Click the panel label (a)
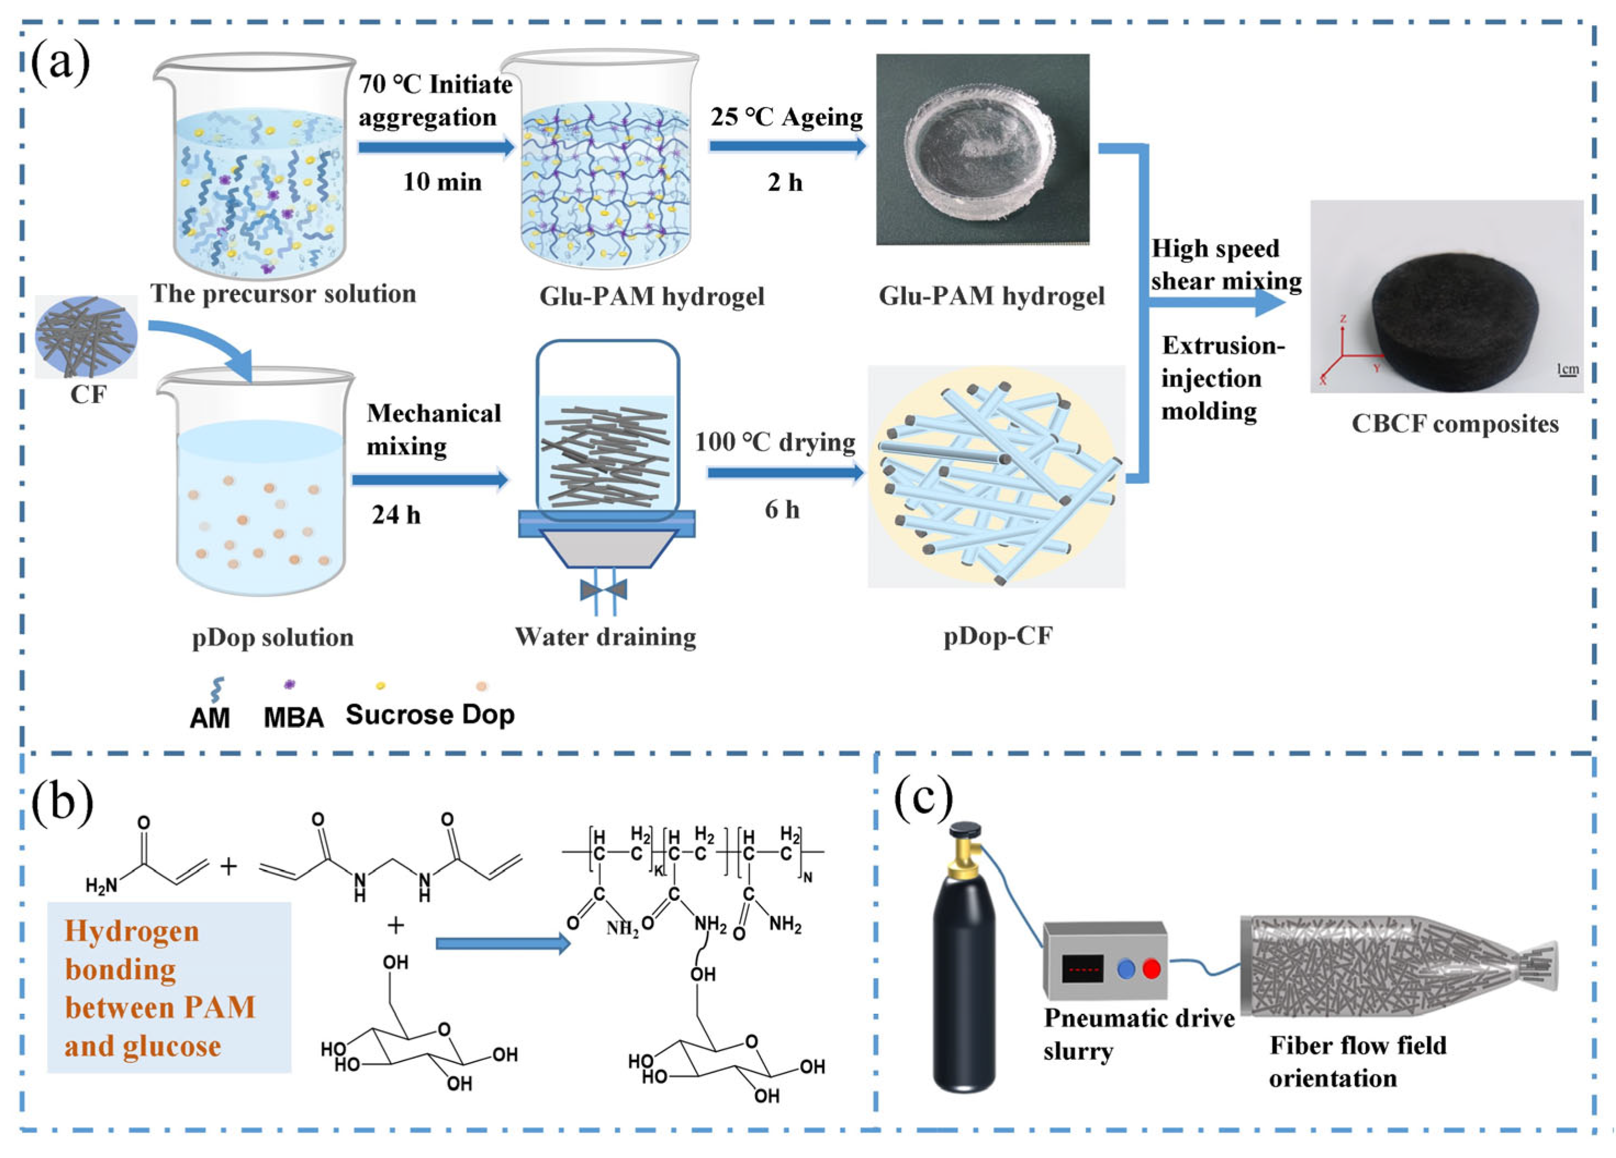(x=60, y=64)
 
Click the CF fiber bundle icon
(x=86, y=336)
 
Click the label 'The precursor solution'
(x=283, y=293)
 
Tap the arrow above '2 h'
(x=787, y=146)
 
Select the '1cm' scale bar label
(x=1568, y=369)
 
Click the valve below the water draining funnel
(x=603, y=589)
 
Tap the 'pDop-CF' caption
(x=998, y=636)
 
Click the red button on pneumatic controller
(x=1151, y=968)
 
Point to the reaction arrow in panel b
(x=503, y=944)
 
